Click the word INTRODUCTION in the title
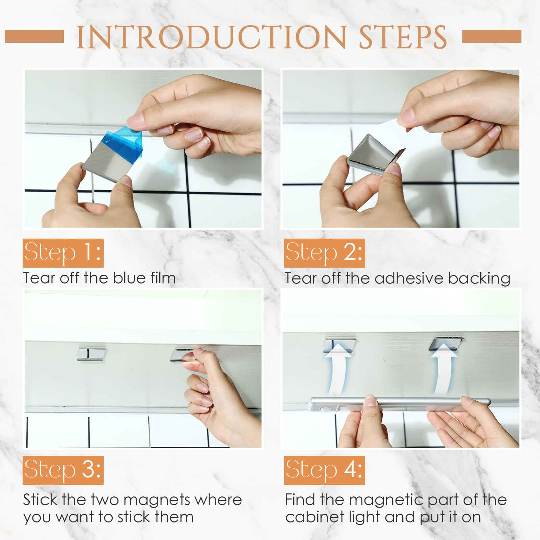pyautogui.click(x=212, y=37)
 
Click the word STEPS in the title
pyautogui.click(x=403, y=37)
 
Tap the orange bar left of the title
pyautogui.click(x=34, y=36)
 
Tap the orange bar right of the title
pyautogui.click(x=492, y=36)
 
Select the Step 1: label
pyautogui.click(x=63, y=253)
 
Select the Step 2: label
pyautogui.click(x=324, y=253)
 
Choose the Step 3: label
pyautogui.click(x=63, y=470)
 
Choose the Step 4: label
pyautogui.click(x=324, y=470)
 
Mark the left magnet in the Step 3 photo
pyautogui.click(x=91, y=353)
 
